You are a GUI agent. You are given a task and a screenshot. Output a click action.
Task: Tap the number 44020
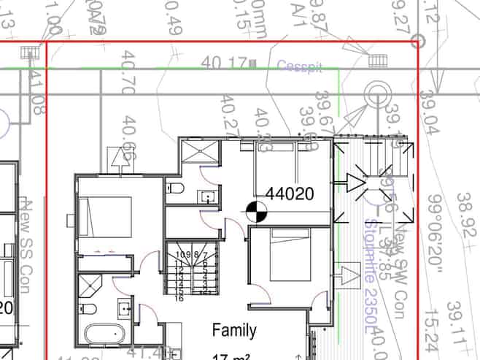point(290,194)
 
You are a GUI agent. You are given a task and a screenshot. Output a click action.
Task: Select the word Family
point(234,331)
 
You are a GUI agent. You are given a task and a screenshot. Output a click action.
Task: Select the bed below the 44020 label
point(290,253)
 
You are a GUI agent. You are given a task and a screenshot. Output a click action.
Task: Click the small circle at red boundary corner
point(417,42)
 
